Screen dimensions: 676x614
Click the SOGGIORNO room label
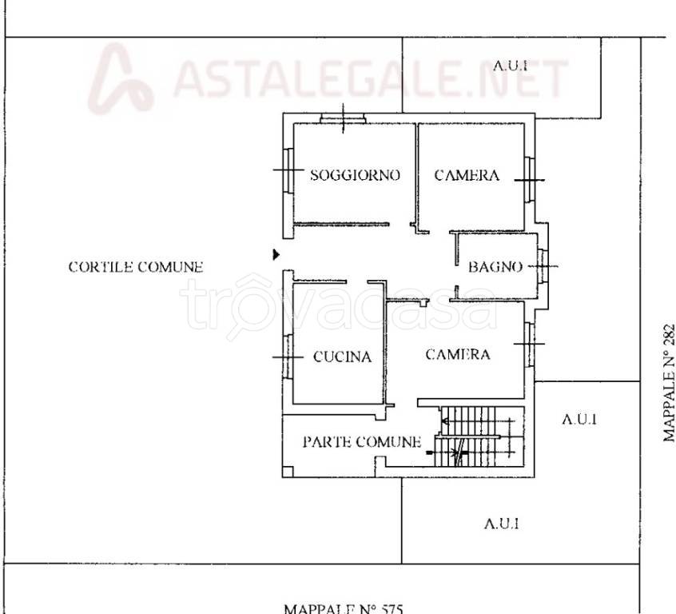pyautogui.click(x=356, y=175)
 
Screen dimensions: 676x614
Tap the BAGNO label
pyautogui.click(x=495, y=267)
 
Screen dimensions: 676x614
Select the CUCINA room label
pyautogui.click(x=342, y=357)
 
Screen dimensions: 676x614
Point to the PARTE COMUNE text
pyautogui.click(x=362, y=442)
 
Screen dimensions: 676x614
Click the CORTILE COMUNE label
pyautogui.click(x=136, y=267)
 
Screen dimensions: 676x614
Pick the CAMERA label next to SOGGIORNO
pyautogui.click(x=467, y=175)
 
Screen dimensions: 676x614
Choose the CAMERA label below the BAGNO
pyautogui.click(x=458, y=355)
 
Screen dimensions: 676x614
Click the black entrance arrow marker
pyautogui.click(x=276, y=255)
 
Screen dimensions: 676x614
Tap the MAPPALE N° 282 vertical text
pyautogui.click(x=669, y=383)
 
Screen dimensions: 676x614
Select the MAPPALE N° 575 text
pyautogui.click(x=344, y=608)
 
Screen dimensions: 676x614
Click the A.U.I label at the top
pyautogui.click(x=511, y=66)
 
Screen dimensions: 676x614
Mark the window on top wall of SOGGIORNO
pyautogui.click(x=343, y=118)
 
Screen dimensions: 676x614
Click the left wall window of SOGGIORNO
pyautogui.click(x=288, y=170)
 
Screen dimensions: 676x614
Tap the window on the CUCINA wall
pyautogui.click(x=288, y=357)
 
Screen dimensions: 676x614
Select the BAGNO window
pyautogui.click(x=543, y=266)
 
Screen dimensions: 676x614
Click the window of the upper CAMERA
pyautogui.click(x=530, y=180)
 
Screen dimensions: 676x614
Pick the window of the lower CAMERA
pyautogui.click(x=530, y=345)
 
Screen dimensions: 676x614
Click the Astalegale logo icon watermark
pyautogui.click(x=121, y=79)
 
